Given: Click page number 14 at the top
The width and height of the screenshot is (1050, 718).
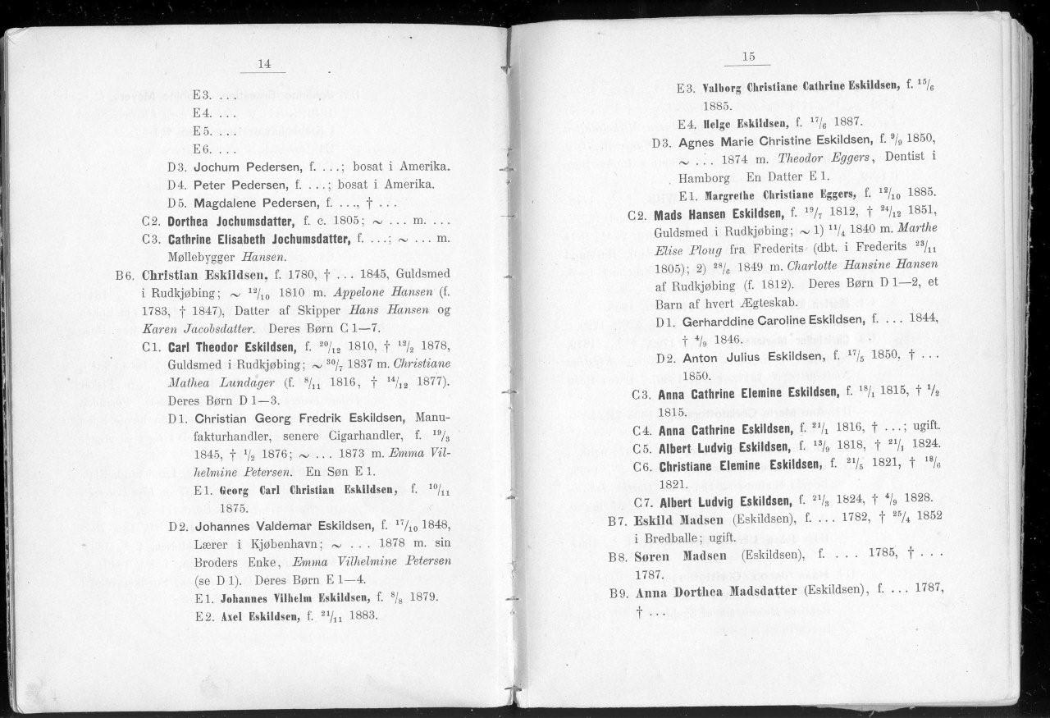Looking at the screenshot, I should coord(263,65).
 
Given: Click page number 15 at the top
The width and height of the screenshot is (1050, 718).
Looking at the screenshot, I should coord(747,57).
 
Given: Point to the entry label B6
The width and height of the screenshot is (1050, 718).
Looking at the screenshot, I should coord(126,273).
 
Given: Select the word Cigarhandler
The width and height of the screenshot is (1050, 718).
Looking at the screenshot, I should coord(326,435).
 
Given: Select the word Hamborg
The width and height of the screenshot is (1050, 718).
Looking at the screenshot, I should coord(704,177).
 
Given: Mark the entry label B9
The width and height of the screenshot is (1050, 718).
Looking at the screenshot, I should coord(618,593).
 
